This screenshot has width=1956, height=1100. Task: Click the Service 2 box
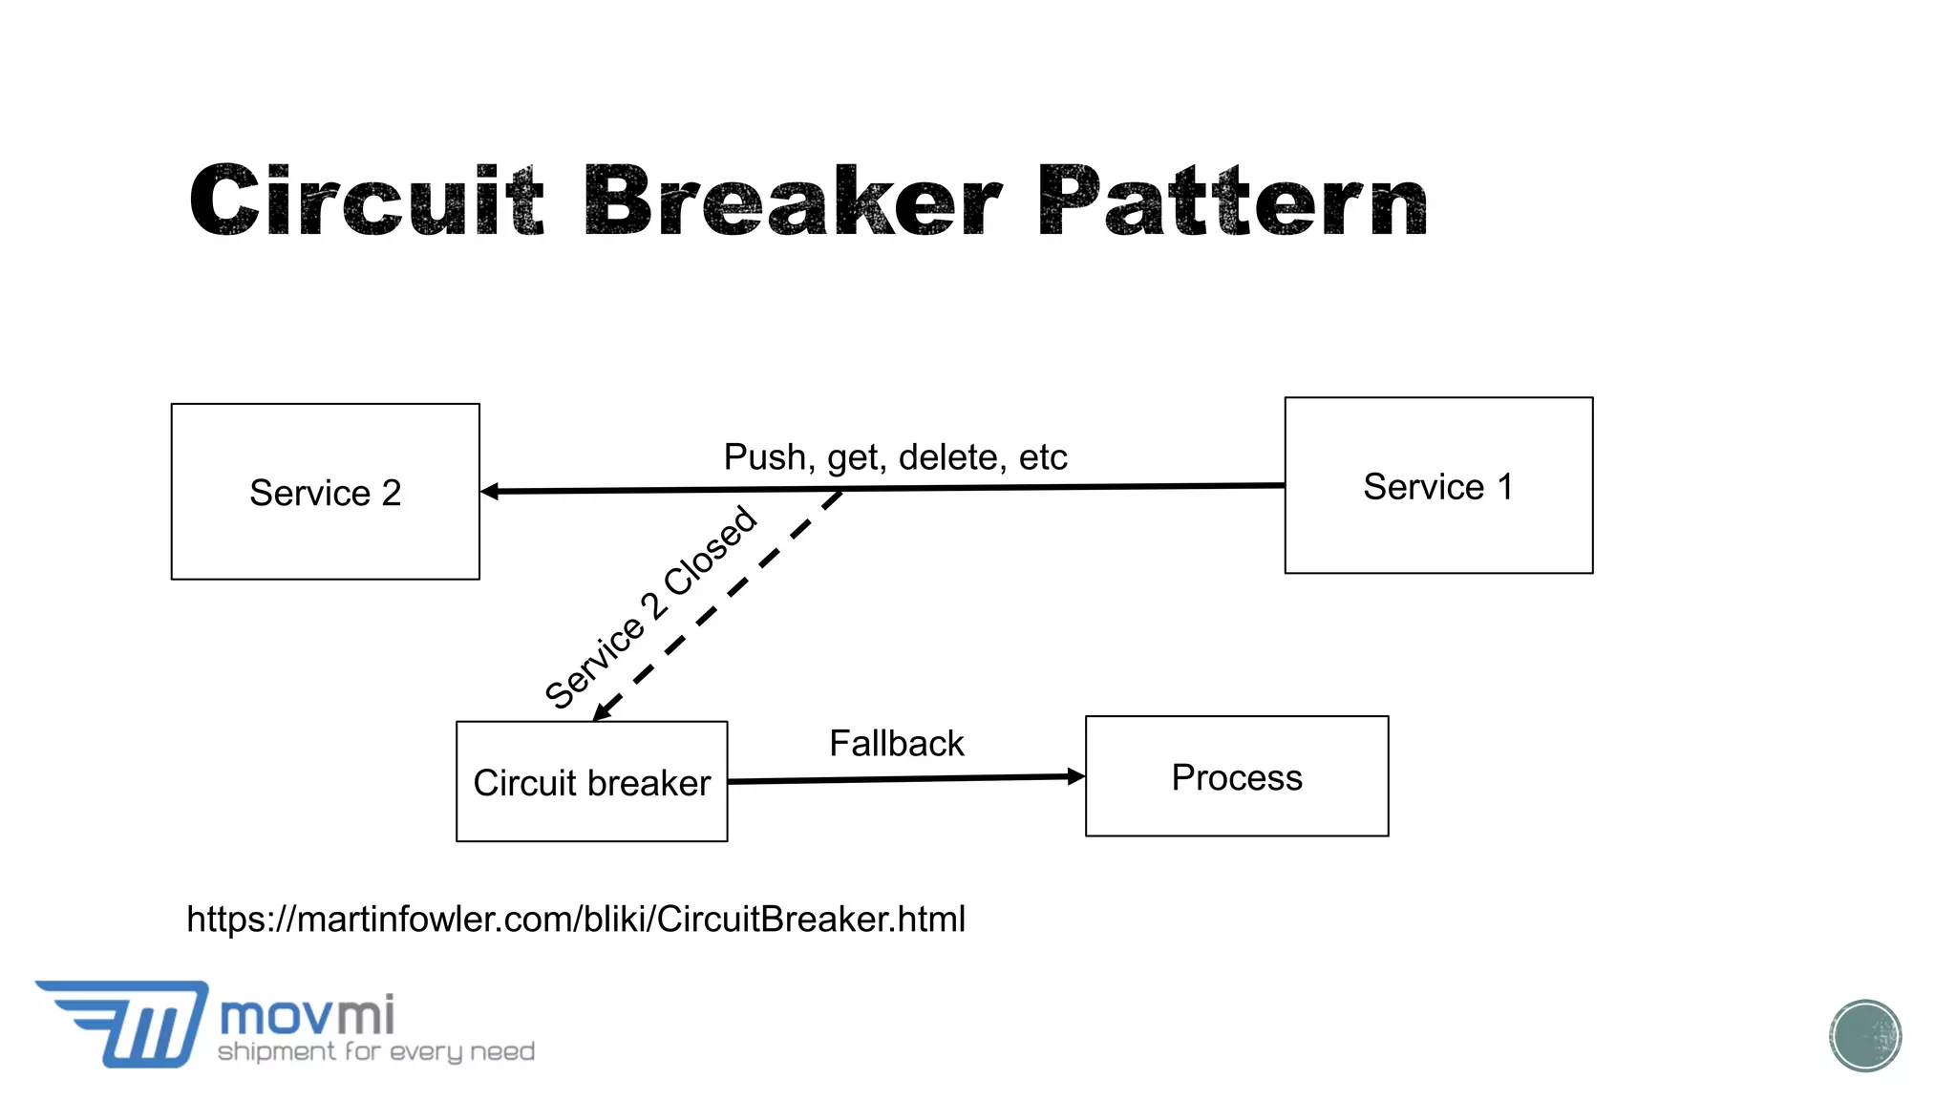tap(325, 492)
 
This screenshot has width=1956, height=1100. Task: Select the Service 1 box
tap(1438, 485)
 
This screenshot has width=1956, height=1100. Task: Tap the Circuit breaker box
tap(591, 781)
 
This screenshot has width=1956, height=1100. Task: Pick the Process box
tap(1236, 776)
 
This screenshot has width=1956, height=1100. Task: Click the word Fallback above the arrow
tap(896, 743)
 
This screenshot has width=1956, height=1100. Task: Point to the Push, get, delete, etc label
tap(895, 456)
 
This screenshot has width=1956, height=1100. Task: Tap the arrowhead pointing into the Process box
tap(1075, 776)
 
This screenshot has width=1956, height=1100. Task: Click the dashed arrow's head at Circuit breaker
tap(603, 711)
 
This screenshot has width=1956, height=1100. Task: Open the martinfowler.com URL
tap(576, 919)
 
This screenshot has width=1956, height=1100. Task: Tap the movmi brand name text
tap(307, 1015)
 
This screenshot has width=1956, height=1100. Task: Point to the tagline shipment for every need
tap(376, 1051)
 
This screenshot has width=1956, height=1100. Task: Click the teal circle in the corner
tap(1864, 1035)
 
